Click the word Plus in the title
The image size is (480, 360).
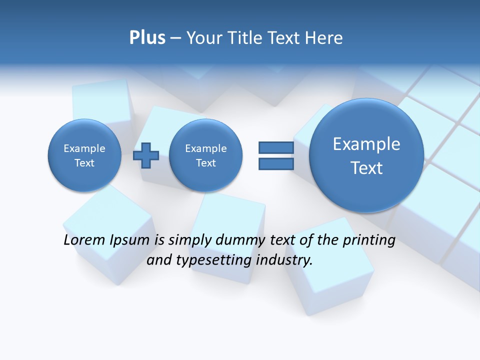pyautogui.click(x=147, y=38)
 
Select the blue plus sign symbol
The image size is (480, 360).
pyautogui.click(x=146, y=155)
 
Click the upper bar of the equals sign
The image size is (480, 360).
pyautogui.click(x=276, y=147)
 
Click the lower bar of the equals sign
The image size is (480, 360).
pyautogui.click(x=276, y=164)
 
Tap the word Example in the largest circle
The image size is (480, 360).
pyautogui.click(x=366, y=144)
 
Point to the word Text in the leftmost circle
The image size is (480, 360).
pyautogui.click(x=84, y=163)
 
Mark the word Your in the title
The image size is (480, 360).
pyautogui.click(x=204, y=38)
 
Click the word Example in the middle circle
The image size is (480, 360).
pyautogui.click(x=205, y=148)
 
